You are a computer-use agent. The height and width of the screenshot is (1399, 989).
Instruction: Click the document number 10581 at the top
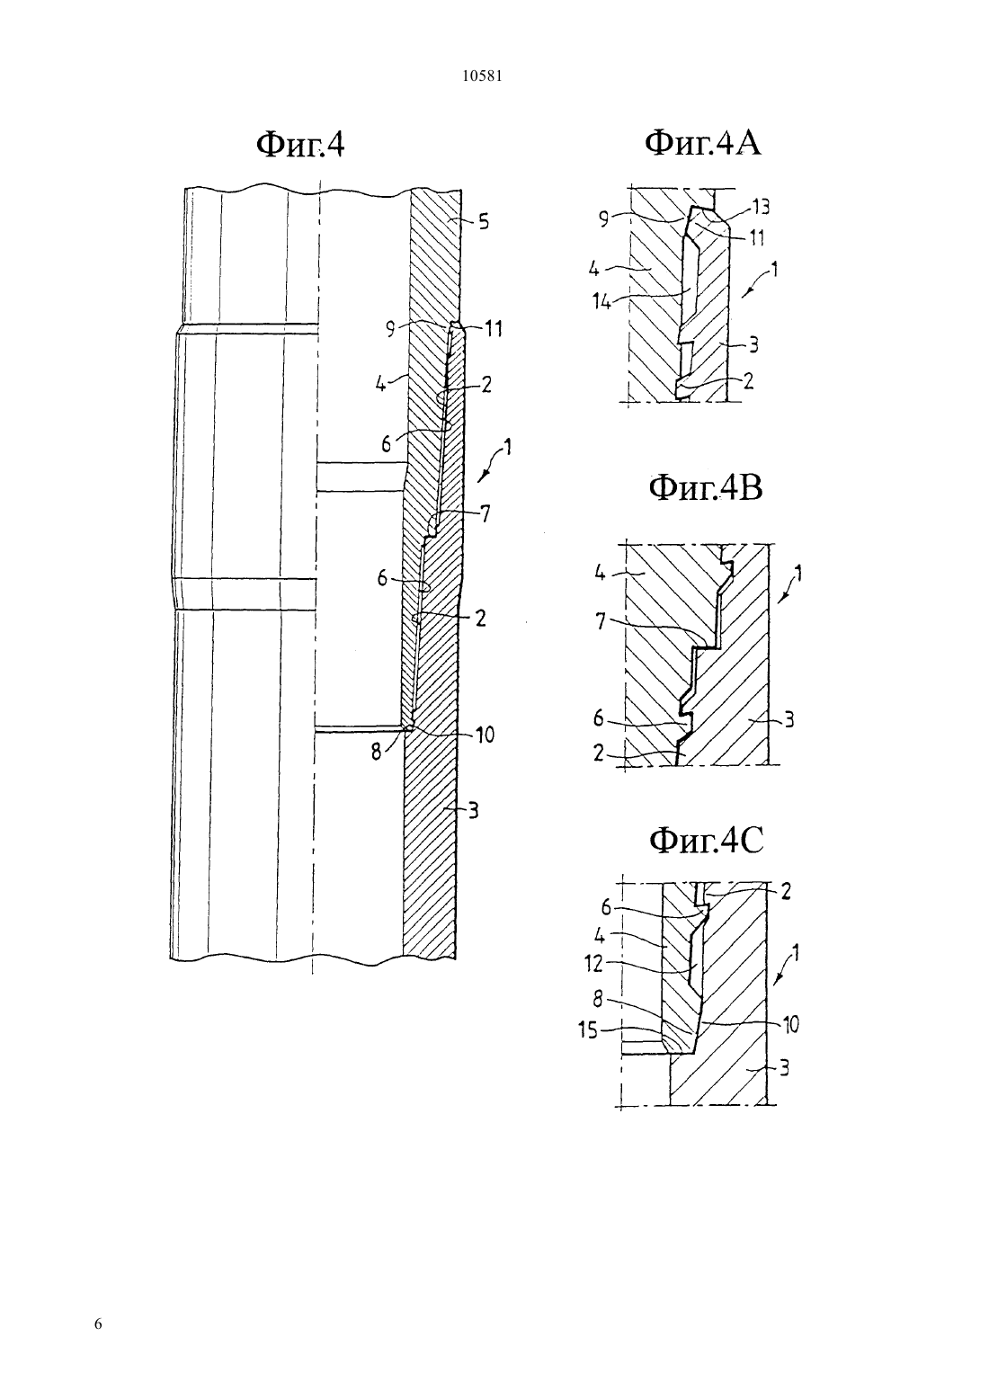(482, 76)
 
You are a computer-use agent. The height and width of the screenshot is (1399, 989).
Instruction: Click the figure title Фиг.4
(300, 145)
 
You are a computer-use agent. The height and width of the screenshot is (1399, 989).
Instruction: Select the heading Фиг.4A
(702, 143)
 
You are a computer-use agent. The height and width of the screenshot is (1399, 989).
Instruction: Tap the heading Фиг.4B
(706, 488)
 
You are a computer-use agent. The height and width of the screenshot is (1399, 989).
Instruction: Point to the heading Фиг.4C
(706, 841)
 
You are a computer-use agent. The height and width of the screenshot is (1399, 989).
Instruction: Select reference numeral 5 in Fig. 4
(484, 222)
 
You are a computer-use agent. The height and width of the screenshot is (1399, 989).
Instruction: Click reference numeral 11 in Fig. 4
(494, 329)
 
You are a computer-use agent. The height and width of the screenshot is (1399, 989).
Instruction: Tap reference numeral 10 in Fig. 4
(485, 735)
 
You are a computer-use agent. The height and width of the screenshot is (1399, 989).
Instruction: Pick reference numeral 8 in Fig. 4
(376, 753)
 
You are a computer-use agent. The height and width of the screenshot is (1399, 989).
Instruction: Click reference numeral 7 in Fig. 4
(485, 514)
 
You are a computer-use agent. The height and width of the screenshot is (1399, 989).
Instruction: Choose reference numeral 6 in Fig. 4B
(598, 719)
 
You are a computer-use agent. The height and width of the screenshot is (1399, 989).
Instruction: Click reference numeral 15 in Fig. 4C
(587, 1029)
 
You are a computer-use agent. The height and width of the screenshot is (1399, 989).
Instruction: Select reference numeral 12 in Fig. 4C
(593, 965)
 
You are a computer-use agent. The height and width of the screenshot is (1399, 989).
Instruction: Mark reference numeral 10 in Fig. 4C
(789, 1025)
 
